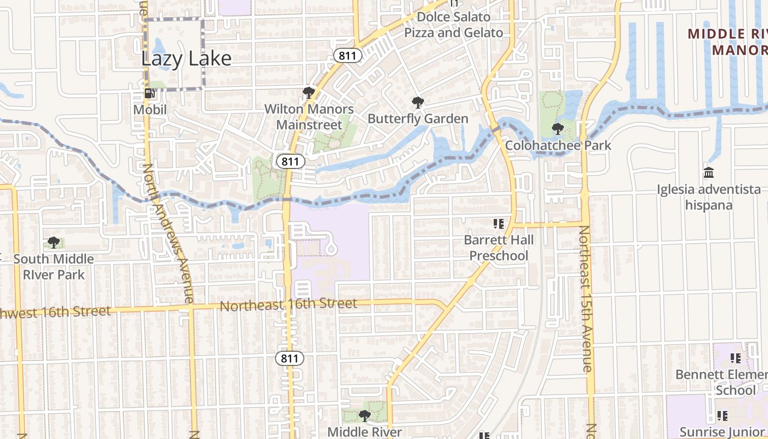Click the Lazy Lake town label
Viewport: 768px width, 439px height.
pyautogui.click(x=187, y=58)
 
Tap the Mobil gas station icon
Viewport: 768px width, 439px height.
pyautogui.click(x=149, y=93)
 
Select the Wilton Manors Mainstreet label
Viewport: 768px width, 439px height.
pyautogui.click(x=309, y=117)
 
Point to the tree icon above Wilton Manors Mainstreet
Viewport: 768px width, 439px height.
pyautogui.click(x=309, y=92)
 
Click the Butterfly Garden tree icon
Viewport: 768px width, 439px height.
pyautogui.click(x=418, y=102)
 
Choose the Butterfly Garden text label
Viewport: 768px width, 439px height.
pyautogui.click(x=418, y=119)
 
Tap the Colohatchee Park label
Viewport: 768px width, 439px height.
pyautogui.click(x=558, y=145)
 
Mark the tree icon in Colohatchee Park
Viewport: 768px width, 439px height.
pyautogui.click(x=558, y=129)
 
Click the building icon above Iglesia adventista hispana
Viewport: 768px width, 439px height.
pyautogui.click(x=709, y=173)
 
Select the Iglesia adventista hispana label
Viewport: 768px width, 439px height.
pyautogui.click(x=709, y=198)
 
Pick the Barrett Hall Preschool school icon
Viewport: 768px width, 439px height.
pyautogui.click(x=499, y=224)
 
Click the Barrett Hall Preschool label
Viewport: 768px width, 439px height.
pyautogui.click(x=499, y=247)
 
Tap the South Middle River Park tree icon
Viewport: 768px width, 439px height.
pyautogui.click(x=54, y=242)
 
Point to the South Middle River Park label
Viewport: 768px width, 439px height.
pyautogui.click(x=54, y=266)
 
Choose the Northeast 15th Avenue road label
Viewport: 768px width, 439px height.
pyautogui.click(x=586, y=299)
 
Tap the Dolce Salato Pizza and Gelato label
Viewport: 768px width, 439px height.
pyautogui.click(x=454, y=25)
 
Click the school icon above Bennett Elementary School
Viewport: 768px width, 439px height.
pyautogui.click(x=736, y=358)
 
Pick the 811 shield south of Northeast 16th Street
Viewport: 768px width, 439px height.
pyautogui.click(x=289, y=359)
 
